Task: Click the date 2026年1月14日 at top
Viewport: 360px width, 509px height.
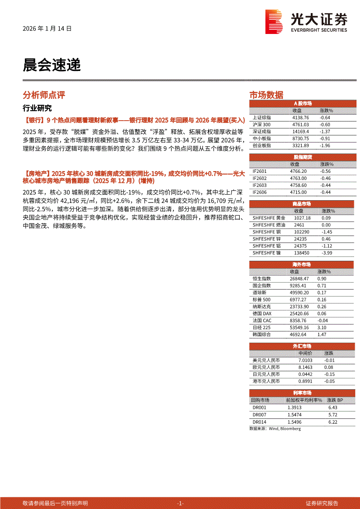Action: pyautogui.click(x=47, y=29)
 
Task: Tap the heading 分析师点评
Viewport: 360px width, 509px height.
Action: pyautogui.click(x=44, y=95)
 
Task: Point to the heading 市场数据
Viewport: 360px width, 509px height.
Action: pyautogui.click(x=266, y=95)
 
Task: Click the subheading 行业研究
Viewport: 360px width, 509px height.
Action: pyautogui.click(x=37, y=108)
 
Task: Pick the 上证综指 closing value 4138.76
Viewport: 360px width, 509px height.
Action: pyautogui.click(x=300, y=118)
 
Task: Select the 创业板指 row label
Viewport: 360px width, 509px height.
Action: pyautogui.click(x=262, y=145)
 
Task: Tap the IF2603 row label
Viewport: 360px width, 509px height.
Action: pyautogui.click(x=260, y=185)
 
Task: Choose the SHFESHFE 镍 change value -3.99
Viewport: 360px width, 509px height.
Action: pyautogui.click(x=326, y=253)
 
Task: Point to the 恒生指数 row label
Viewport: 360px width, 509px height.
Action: pyautogui.click(x=262, y=278)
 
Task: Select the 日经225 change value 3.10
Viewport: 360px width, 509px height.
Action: pyautogui.click(x=322, y=327)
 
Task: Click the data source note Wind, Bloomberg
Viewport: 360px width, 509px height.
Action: pyautogui.click(x=275, y=428)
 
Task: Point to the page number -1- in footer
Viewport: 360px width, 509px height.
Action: pyautogui.click(x=180, y=503)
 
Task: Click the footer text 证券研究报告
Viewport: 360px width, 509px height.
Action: pyautogui.click(x=322, y=503)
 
